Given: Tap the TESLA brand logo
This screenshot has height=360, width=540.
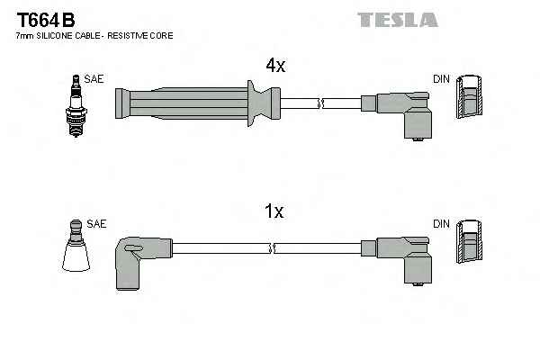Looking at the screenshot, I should pos(397,19).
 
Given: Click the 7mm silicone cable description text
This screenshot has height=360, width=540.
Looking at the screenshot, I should pos(94,36).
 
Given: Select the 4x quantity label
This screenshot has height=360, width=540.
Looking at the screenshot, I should pos(274,65).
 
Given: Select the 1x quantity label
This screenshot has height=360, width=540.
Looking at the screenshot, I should pos(274,212).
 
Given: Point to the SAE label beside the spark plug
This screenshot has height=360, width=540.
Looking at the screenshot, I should pos(94,79).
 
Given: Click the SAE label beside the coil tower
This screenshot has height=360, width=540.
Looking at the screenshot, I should pos(96,223).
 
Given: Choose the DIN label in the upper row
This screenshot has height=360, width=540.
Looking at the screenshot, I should pos(441,79).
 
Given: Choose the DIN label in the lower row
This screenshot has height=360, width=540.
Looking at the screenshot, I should pos(441,223).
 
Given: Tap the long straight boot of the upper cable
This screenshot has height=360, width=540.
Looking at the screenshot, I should pos(180,102).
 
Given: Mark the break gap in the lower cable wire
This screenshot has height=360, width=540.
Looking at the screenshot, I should pos(271,247).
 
